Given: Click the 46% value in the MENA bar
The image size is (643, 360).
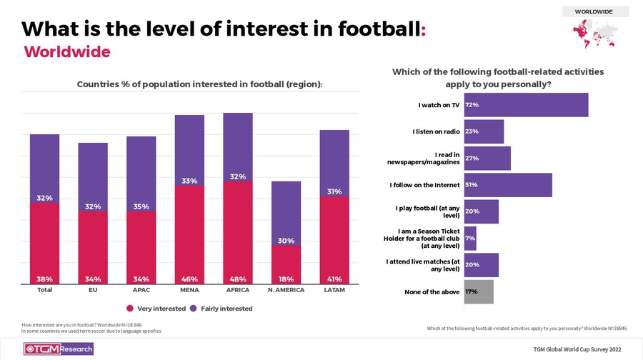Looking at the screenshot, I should (x=189, y=279).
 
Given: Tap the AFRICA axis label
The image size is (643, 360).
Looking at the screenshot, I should (x=237, y=291).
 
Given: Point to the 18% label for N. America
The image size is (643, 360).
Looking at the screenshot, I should (x=286, y=279).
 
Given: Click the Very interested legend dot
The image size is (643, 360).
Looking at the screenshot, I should (x=130, y=309).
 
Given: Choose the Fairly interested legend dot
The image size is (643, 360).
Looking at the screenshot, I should (x=193, y=309).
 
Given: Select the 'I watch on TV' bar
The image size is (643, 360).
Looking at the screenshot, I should (x=526, y=105).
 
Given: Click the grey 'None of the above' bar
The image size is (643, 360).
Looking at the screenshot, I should (x=479, y=291).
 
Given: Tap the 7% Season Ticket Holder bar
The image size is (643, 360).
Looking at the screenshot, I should (x=470, y=238).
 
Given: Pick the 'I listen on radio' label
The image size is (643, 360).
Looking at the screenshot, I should (x=436, y=131).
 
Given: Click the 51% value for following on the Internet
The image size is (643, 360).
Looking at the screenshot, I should (x=472, y=185).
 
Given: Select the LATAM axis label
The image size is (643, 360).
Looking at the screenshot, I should (x=334, y=291).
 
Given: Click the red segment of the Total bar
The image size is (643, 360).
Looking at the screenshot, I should (x=44, y=243).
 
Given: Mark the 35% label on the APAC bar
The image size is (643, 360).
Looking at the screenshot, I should (x=141, y=207).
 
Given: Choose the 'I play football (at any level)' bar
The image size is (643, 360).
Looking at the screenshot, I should (x=481, y=211).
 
